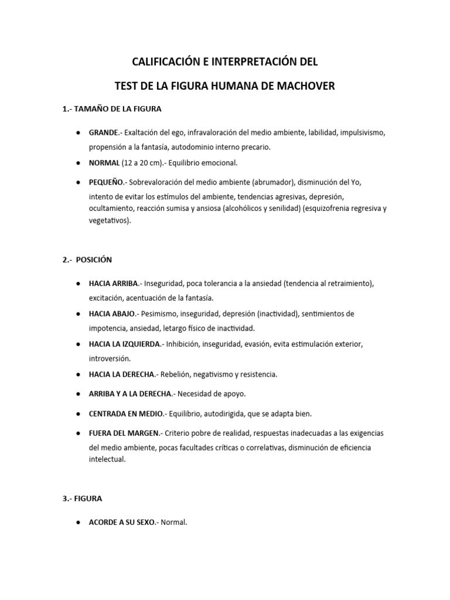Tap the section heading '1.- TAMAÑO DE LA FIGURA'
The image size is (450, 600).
(111, 109)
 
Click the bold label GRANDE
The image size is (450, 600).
(104, 133)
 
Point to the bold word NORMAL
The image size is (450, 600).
(104, 162)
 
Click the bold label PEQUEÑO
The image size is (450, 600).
(107, 182)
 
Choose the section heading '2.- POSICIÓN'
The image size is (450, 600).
(87, 260)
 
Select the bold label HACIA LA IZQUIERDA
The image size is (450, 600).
(124, 344)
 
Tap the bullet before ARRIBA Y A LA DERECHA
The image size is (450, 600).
(78, 394)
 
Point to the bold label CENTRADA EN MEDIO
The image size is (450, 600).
(126, 414)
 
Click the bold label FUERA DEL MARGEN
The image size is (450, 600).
(124, 434)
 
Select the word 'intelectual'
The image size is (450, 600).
(107, 460)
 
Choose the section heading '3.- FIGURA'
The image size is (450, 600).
(83, 499)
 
